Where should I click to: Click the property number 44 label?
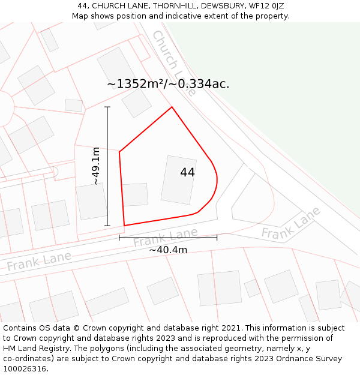tap(187, 172)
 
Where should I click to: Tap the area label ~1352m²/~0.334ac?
tap(168, 84)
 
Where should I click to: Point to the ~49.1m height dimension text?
tap(96, 166)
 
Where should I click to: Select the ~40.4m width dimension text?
tap(168, 250)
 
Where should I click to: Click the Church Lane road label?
tap(173, 64)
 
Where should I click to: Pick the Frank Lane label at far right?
tap(291, 223)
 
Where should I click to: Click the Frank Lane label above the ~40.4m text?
tap(166, 238)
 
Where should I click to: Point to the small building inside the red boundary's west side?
tap(135, 195)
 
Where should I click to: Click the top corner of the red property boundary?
tap(172, 107)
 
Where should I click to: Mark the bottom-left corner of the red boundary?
tap(124, 226)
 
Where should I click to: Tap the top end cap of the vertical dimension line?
tap(107, 107)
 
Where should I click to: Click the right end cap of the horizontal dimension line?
tap(217, 238)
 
